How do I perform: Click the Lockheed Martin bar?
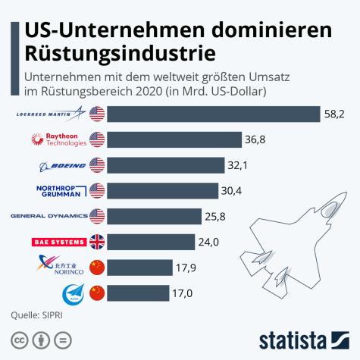(x=213, y=114)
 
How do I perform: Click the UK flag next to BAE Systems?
(x=97, y=242)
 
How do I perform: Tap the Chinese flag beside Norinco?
(x=97, y=267)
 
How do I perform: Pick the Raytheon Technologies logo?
(x=61, y=139)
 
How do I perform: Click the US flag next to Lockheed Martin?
(x=97, y=114)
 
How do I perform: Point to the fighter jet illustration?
(x=291, y=235)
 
